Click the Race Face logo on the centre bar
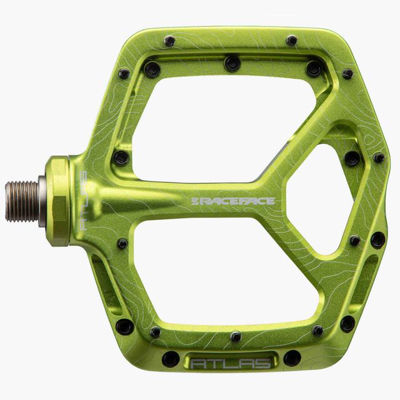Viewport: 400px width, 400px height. click(233, 201)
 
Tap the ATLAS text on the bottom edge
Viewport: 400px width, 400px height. click(230, 363)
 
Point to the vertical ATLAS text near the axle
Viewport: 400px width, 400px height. click(83, 201)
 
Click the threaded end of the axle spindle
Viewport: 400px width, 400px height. click(22, 201)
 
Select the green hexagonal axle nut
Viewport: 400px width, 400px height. click(58, 201)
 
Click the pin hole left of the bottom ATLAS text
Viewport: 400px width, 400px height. click(171, 359)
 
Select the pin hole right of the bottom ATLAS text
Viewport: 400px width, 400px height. click(292, 358)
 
